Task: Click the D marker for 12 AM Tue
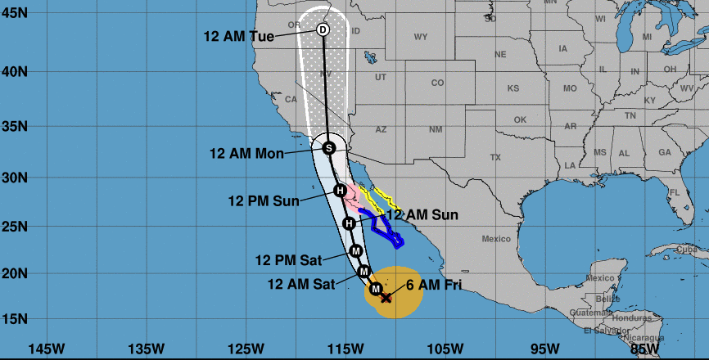[323, 30]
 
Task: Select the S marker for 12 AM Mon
[328, 148]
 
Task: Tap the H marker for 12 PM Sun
[340, 191]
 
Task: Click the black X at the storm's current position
[386, 298]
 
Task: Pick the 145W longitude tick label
[47, 349]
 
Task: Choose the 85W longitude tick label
[644, 349]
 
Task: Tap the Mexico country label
[496, 239]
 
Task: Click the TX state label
[494, 156]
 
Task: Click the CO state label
[437, 83]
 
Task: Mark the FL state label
[675, 193]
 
